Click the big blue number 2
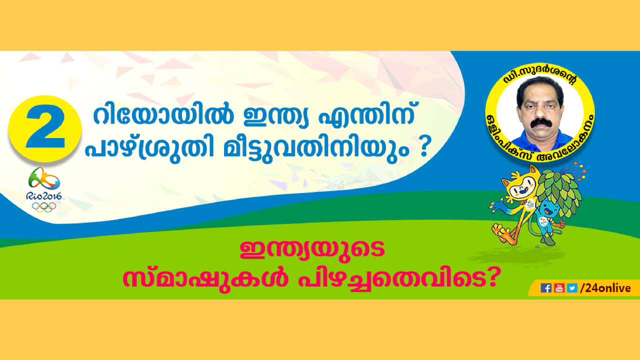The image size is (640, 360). click(x=45, y=126)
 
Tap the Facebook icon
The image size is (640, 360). click(x=545, y=287)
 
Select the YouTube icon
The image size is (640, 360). click(x=559, y=287)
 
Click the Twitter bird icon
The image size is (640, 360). click(x=572, y=287)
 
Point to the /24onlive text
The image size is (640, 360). click(x=605, y=287)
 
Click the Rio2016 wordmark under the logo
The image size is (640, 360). click(x=43, y=196)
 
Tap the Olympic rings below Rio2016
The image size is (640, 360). click(x=43, y=207)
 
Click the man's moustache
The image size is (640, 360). click(x=540, y=123)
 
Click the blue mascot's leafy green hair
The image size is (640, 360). click(x=559, y=191)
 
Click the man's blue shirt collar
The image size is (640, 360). click(x=540, y=139)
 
